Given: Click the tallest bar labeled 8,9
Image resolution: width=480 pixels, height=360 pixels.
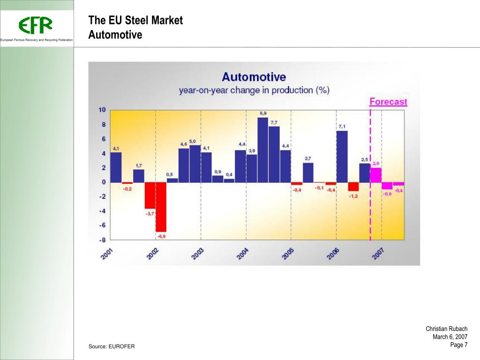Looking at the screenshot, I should point(262,150).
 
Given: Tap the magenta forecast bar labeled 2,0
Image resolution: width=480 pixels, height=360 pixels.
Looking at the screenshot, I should point(375,175).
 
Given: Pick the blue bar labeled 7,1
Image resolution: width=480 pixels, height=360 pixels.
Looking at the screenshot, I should point(342,156).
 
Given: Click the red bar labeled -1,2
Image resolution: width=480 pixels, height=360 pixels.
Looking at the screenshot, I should point(353,187).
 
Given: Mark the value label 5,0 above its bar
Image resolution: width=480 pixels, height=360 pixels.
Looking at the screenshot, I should point(193,141).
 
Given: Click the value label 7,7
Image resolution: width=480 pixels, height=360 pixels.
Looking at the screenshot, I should point(274,122).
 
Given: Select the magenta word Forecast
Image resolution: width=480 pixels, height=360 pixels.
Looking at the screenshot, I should point(388,102).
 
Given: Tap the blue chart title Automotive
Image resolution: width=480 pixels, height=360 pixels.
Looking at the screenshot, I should point(254,77).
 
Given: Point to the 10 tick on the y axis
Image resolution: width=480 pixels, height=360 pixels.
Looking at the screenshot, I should point(102,110).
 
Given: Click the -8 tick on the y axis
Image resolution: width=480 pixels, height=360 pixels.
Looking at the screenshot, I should point(102,240).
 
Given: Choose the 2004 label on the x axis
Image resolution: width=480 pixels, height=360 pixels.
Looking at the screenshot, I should point(242,254).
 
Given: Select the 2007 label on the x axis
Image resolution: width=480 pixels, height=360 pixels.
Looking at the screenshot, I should point(378,254).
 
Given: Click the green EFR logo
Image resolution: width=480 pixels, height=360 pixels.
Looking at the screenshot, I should point(36,25).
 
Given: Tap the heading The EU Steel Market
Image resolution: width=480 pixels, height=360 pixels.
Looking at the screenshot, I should point(135,21).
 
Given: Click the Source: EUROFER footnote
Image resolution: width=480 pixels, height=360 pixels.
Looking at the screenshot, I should point(112,346).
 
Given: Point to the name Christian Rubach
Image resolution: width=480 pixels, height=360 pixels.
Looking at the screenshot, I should point(446,329).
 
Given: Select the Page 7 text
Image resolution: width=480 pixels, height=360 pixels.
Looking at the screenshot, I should point(458,345).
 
